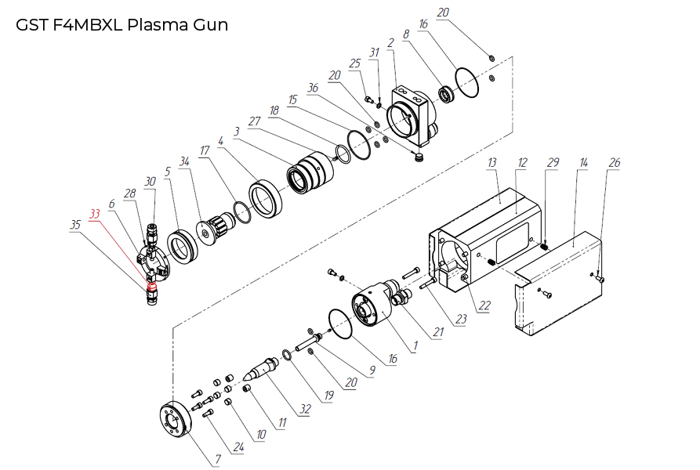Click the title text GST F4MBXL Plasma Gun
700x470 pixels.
(x=122, y=24)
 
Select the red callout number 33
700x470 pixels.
(x=95, y=213)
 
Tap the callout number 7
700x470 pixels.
(x=216, y=460)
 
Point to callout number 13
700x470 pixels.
(x=492, y=162)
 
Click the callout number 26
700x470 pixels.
(x=615, y=162)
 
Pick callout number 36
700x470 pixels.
(x=314, y=89)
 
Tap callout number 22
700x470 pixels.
(x=484, y=305)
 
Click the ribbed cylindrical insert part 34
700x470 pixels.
(x=214, y=229)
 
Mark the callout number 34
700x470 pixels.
(x=185, y=161)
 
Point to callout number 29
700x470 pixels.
(x=553, y=162)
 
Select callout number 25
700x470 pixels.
(x=355, y=63)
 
